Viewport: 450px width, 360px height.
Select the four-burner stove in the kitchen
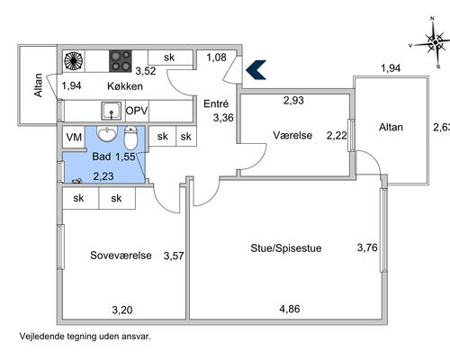pos(121,61)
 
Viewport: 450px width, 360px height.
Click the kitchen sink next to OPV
pos(112,111)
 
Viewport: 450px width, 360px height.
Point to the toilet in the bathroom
pos(130,138)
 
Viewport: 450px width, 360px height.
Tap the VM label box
pos(74,138)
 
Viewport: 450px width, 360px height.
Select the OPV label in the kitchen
pos(137,111)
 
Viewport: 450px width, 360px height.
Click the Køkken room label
pos(125,86)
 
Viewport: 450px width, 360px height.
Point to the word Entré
pos(216,103)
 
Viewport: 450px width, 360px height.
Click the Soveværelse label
pos(121,256)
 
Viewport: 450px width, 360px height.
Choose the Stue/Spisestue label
pos(286,248)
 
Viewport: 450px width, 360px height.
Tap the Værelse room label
pos(292,135)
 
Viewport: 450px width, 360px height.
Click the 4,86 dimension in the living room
pos(290,309)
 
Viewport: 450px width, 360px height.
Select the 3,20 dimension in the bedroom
pos(122,310)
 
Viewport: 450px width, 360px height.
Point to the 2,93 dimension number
pos(293,100)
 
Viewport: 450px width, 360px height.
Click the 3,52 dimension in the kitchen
pos(146,71)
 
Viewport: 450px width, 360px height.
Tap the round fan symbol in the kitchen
pos(74,61)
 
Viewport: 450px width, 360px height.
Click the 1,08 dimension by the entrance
pos(216,58)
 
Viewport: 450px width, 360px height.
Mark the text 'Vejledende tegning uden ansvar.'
pos(85,337)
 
